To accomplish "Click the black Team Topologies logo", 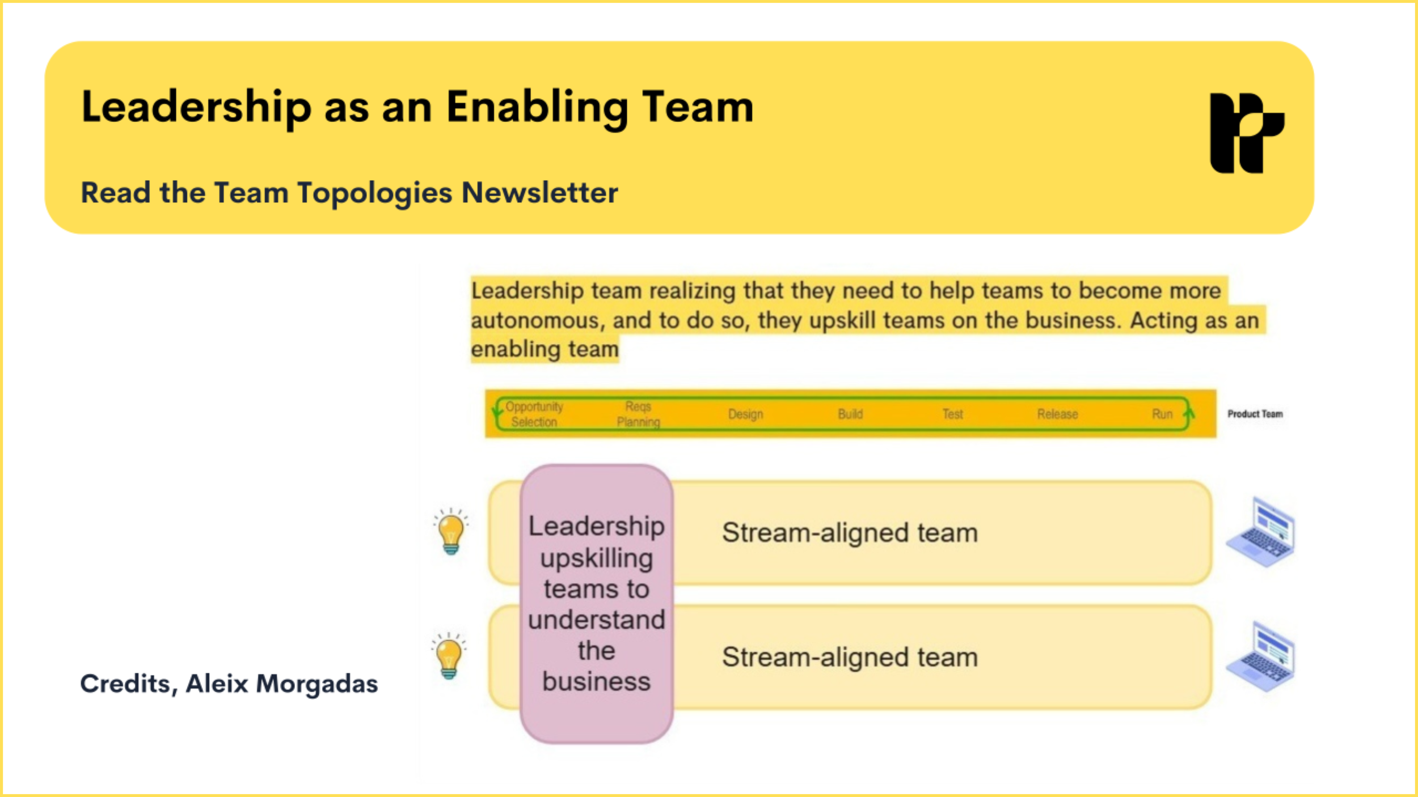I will tap(1246, 133).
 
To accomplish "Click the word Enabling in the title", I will tap(537, 108).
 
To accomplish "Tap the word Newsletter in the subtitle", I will tap(539, 193).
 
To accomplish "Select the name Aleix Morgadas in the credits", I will tap(282, 684).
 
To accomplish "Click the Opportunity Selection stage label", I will tap(534, 414).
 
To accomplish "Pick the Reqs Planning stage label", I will tap(638, 414).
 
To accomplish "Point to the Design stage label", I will tap(745, 414).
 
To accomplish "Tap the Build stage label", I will tap(850, 414).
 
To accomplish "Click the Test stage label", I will tap(952, 414).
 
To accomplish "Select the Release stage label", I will tap(1057, 414).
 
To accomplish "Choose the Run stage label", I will tap(1162, 414).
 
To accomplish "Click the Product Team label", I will tap(1255, 414).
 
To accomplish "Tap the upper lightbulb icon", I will tap(451, 532).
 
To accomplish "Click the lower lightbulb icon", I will tap(449, 656).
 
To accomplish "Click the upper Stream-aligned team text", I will tap(850, 533).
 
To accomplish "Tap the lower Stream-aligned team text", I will tap(850, 658).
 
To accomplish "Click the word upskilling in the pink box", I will tap(596, 558).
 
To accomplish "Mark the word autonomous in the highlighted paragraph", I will tap(535, 321).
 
